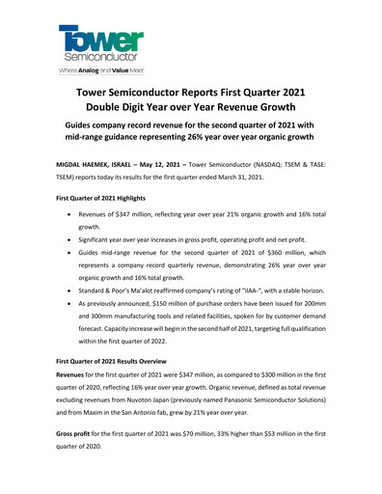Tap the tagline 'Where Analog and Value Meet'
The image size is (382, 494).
[100, 70]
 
